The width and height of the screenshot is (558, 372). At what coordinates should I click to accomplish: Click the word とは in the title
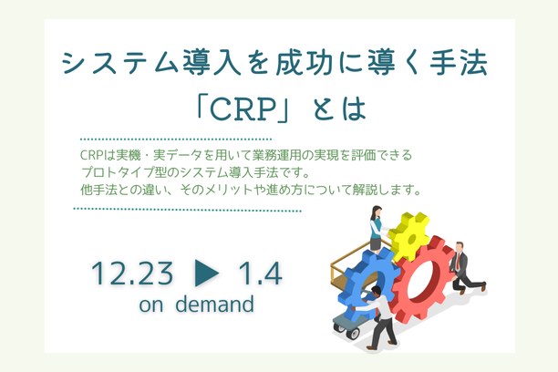click(336, 108)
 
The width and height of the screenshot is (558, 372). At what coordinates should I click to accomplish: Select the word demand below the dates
click(211, 305)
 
